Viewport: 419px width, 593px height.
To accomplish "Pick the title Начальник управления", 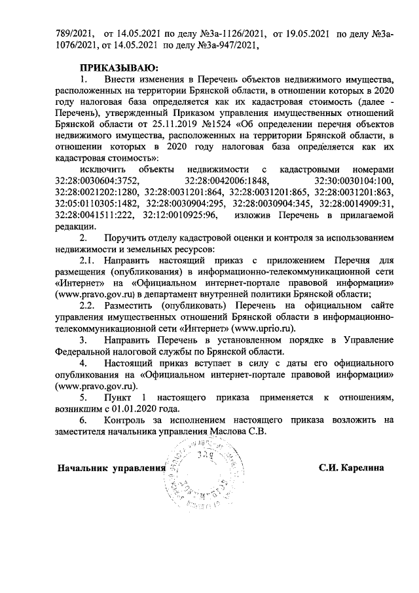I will pyautogui.click(x=109, y=469).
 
